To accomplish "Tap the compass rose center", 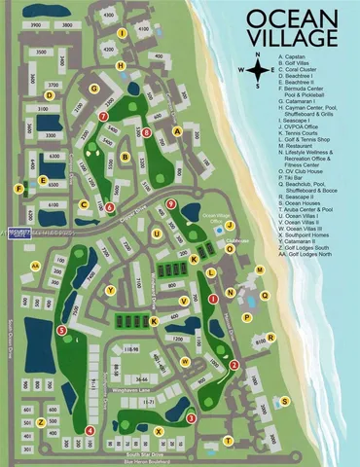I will click(x=258, y=71).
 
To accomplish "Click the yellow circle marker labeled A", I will click(x=178, y=130).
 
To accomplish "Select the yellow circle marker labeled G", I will click(x=94, y=88).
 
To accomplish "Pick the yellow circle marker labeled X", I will click(x=158, y=429).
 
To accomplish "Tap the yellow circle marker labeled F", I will click(x=18, y=188).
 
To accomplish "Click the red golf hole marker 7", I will click(x=103, y=116).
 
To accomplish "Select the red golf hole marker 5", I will click(x=62, y=331).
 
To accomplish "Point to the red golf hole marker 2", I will click(x=234, y=365).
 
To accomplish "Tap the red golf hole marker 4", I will click(x=90, y=429).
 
